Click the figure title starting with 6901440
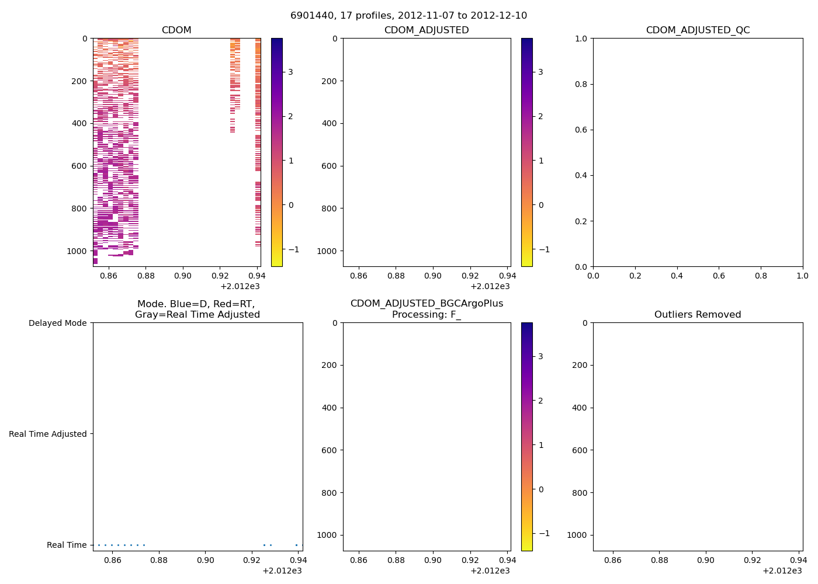tap(408, 16)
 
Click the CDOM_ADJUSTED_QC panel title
tap(698, 30)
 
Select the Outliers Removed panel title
tap(698, 315)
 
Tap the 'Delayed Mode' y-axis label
tap(57, 323)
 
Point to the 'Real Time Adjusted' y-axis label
tap(47, 434)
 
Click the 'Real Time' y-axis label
tap(67, 545)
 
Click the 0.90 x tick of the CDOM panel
tap(183, 276)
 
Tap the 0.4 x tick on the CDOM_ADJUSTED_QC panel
tap(677, 276)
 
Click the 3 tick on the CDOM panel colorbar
tap(290, 72)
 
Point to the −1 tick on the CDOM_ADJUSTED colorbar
tap(538, 249)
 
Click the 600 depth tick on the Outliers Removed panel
tap(580, 450)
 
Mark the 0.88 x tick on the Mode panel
tap(159, 560)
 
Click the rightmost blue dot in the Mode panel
tap(296, 545)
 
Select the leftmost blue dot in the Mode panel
tap(99, 545)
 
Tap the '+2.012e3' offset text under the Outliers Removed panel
tap(782, 571)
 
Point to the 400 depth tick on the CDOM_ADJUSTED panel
tap(330, 123)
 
